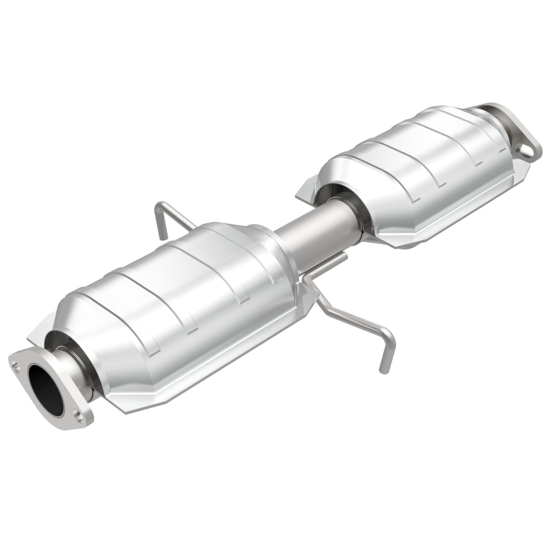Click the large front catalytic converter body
[182, 288]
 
